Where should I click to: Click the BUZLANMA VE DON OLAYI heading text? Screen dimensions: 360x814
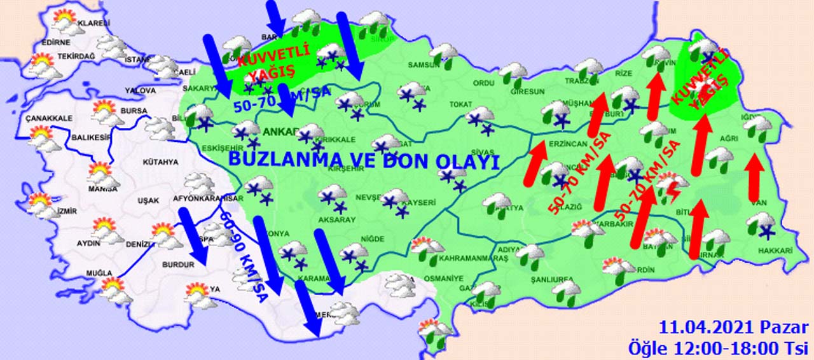point(362,161)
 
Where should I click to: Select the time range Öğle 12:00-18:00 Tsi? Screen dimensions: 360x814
point(718,348)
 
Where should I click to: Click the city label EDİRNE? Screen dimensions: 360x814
point(55,43)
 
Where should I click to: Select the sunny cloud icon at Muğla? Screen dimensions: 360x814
point(114,289)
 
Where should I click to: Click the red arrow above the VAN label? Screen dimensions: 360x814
point(754,177)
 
